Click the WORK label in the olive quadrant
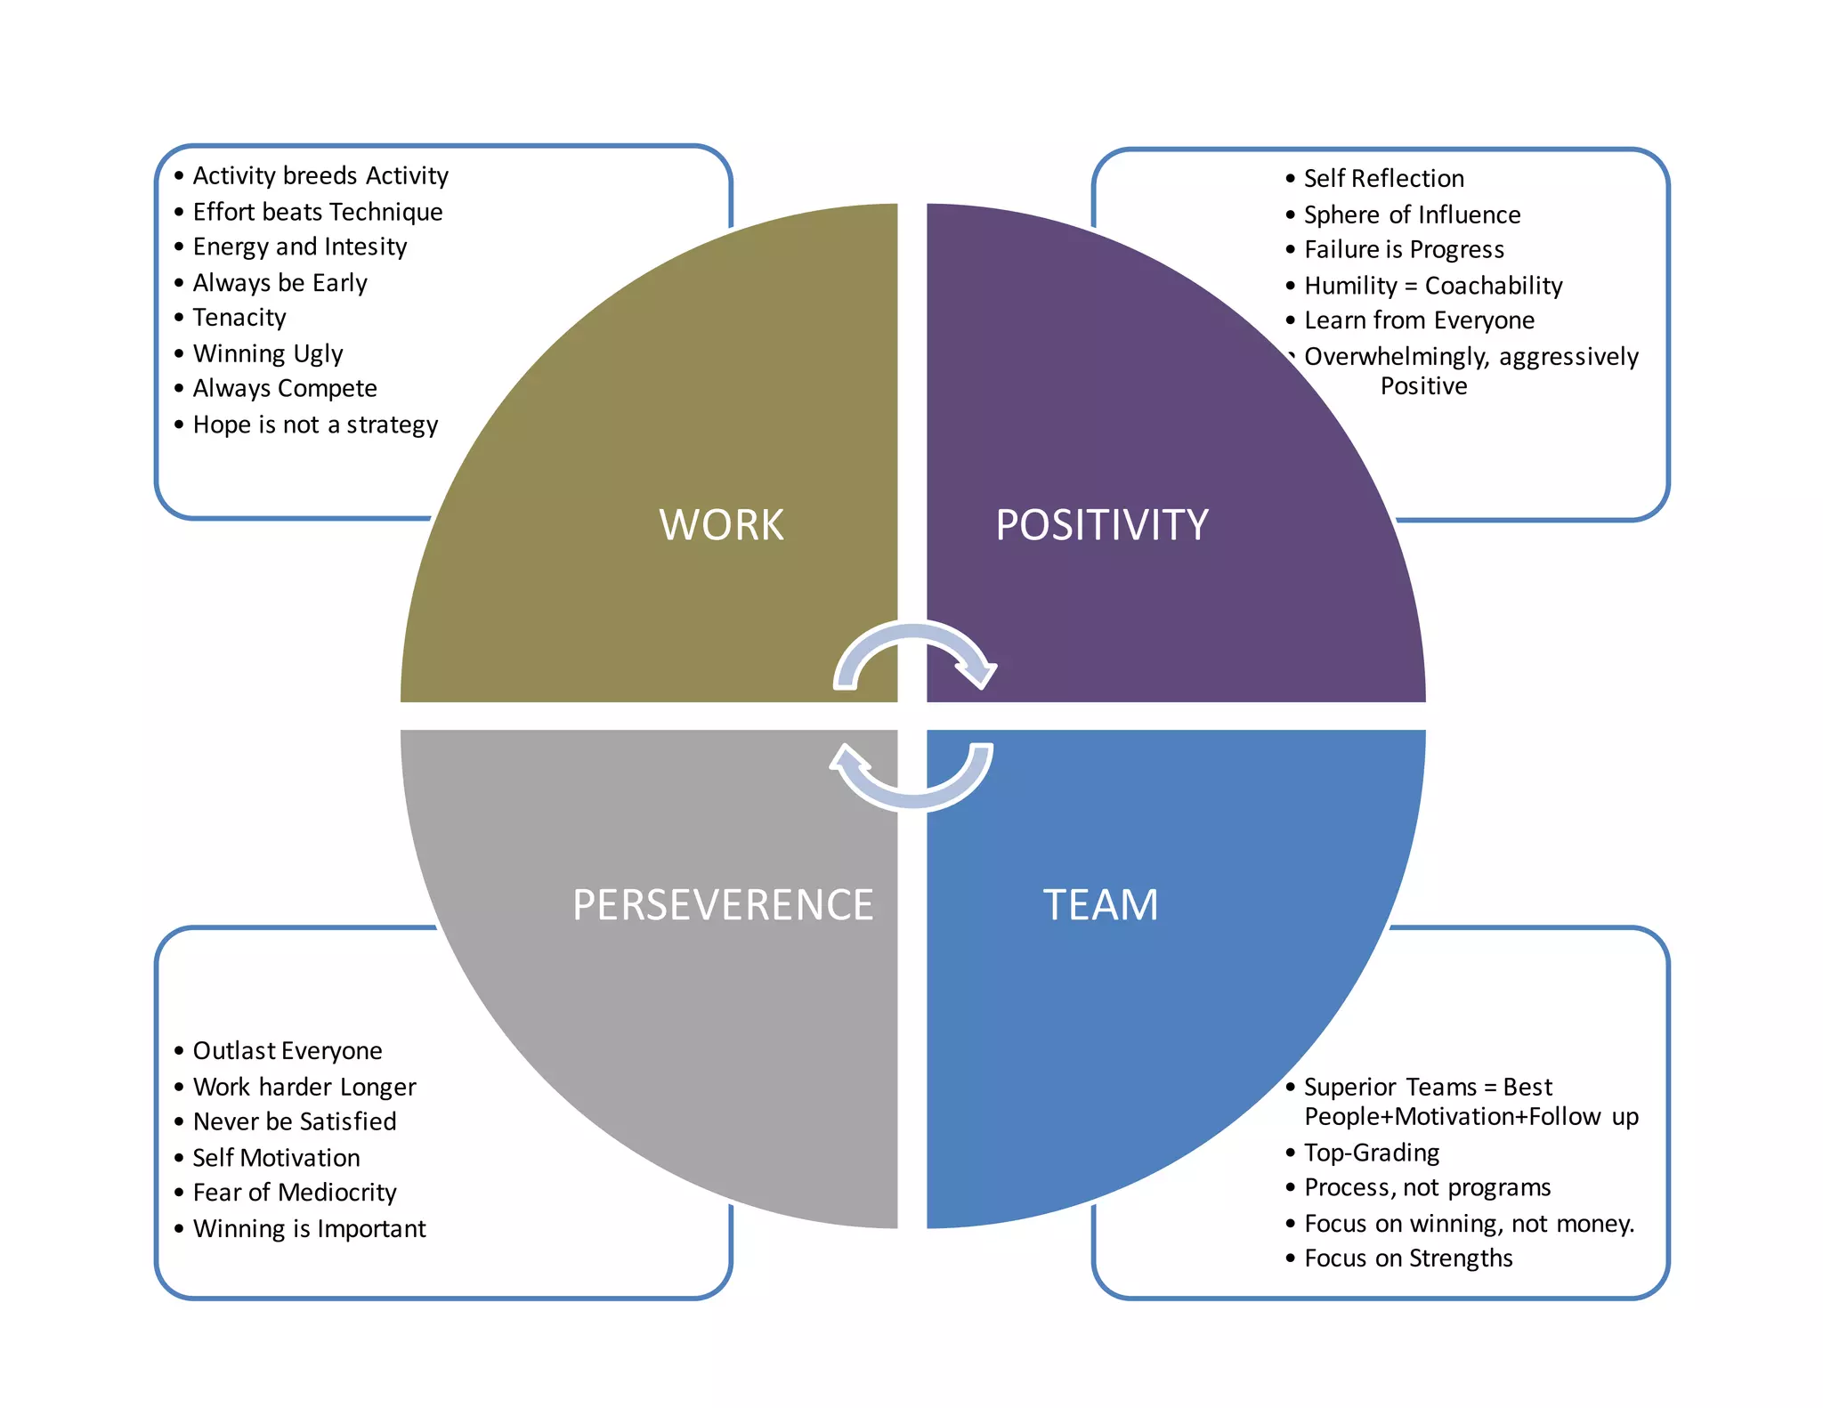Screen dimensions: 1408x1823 (x=721, y=525)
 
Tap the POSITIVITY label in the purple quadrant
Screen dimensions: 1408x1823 (x=1101, y=525)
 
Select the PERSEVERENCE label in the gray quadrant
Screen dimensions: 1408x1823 (x=722, y=905)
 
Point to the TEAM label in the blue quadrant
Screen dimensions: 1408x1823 (x=1100, y=905)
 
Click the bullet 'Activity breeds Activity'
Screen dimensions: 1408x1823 (x=320, y=175)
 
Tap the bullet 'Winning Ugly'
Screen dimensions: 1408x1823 (x=267, y=353)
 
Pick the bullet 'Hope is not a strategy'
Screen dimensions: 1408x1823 (x=315, y=425)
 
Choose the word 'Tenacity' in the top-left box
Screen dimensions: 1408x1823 (x=239, y=318)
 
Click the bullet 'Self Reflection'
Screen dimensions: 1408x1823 (x=1383, y=179)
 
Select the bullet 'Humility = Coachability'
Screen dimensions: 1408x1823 (x=1432, y=286)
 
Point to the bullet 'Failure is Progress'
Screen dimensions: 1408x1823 (x=1404, y=250)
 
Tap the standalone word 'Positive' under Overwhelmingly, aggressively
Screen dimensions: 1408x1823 (x=1423, y=386)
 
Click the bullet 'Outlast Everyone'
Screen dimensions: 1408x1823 (x=287, y=1051)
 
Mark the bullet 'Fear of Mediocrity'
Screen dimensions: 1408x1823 (x=294, y=1193)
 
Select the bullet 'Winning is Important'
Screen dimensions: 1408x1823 (x=309, y=1229)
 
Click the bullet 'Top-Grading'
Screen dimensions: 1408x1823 (x=1371, y=1153)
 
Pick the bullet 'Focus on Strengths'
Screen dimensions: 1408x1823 (x=1407, y=1258)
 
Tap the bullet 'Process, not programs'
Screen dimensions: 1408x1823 (x=1427, y=1188)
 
